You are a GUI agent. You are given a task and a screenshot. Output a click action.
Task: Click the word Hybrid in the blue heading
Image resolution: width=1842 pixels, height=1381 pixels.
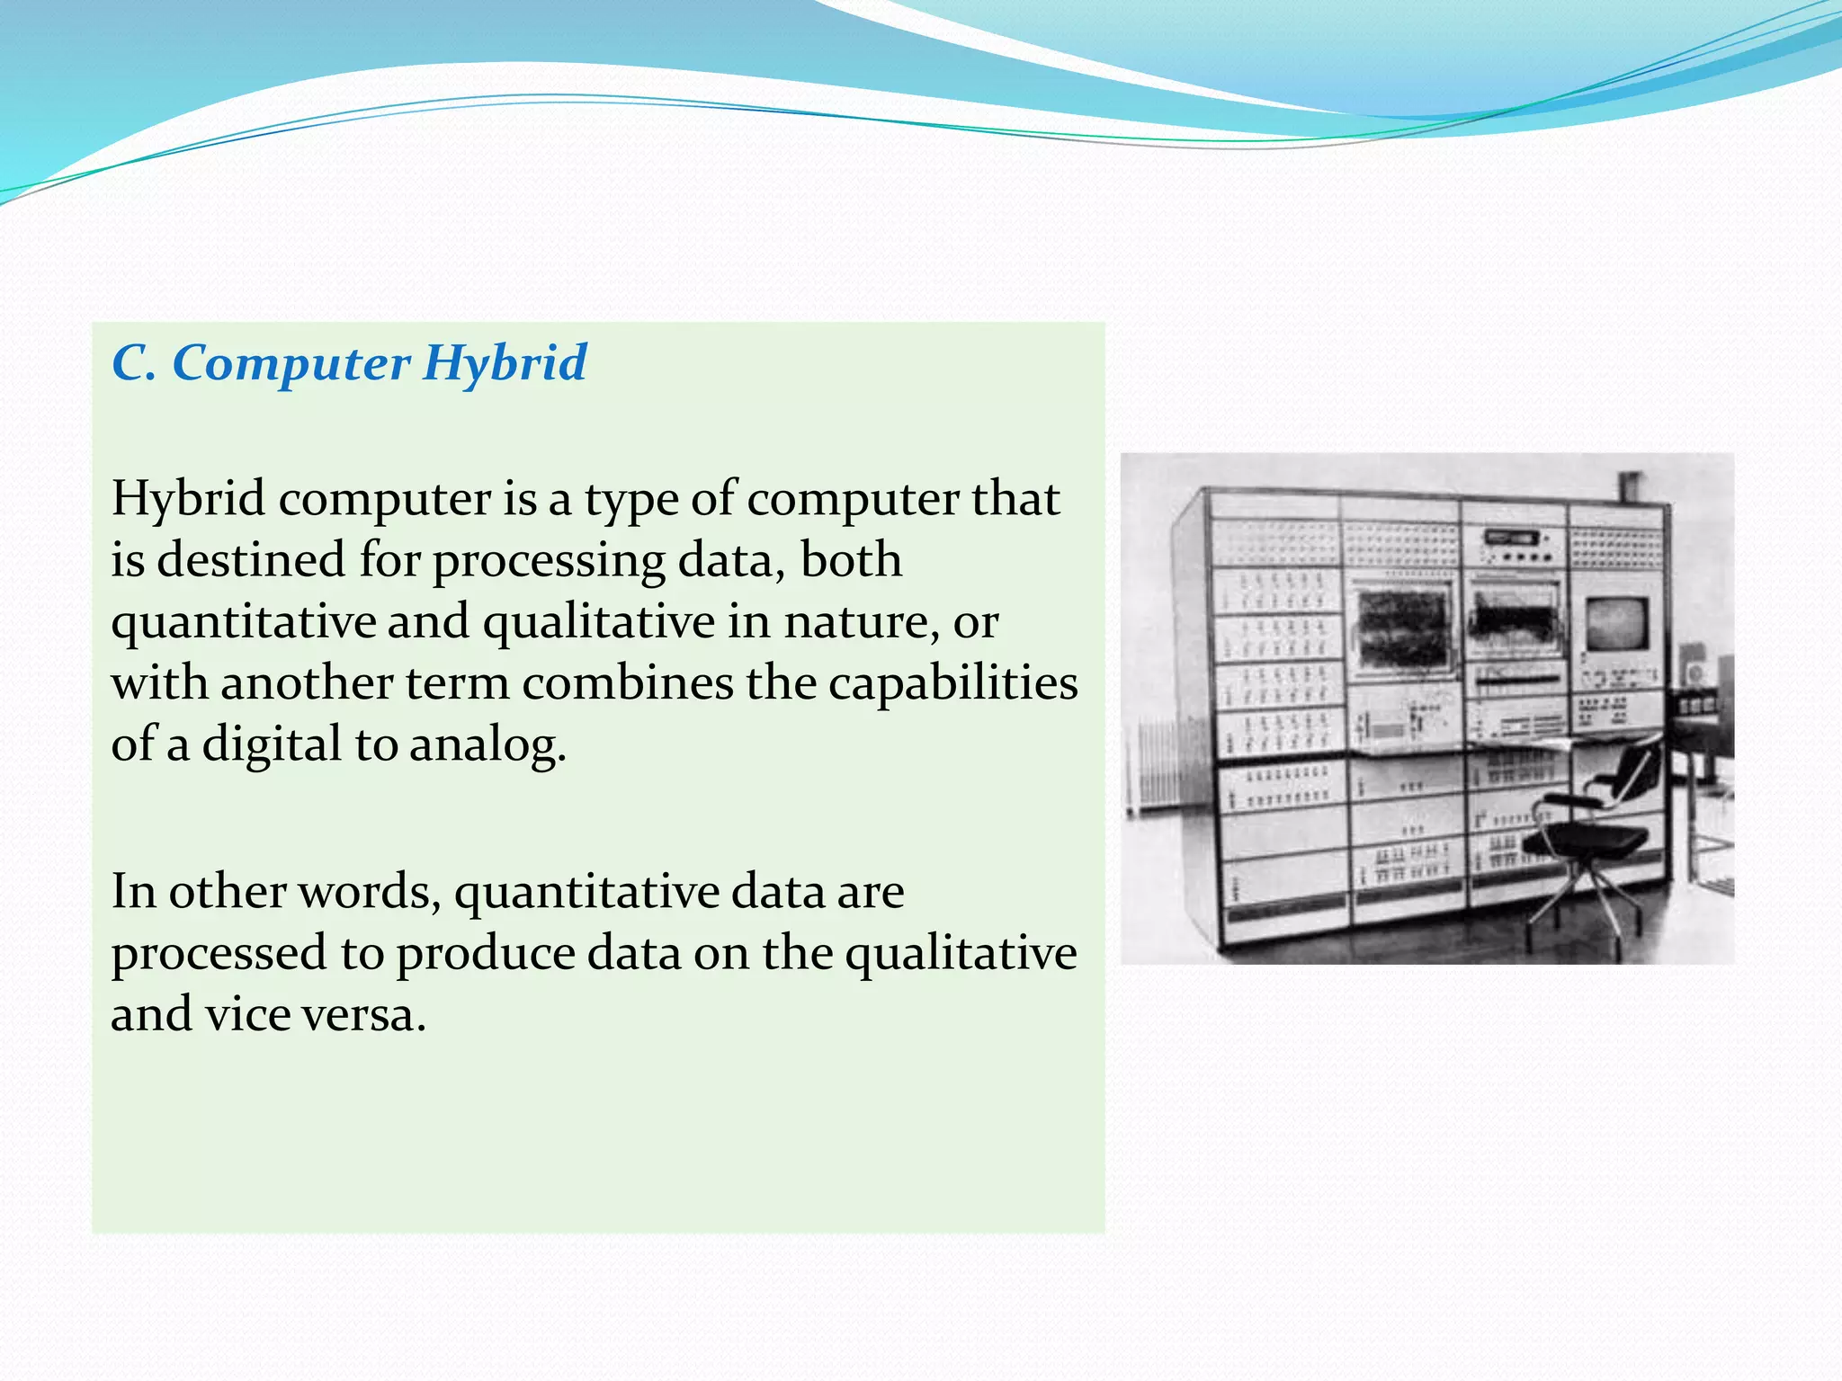(505, 364)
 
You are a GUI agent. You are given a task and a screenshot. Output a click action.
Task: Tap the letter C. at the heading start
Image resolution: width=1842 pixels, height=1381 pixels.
(134, 364)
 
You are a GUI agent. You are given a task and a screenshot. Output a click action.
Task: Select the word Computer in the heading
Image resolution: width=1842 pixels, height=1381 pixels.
(291, 364)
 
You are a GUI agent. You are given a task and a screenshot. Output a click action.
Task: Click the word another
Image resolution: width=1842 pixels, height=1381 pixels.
(307, 683)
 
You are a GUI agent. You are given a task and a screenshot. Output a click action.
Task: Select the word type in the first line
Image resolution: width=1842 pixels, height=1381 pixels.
(630, 500)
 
